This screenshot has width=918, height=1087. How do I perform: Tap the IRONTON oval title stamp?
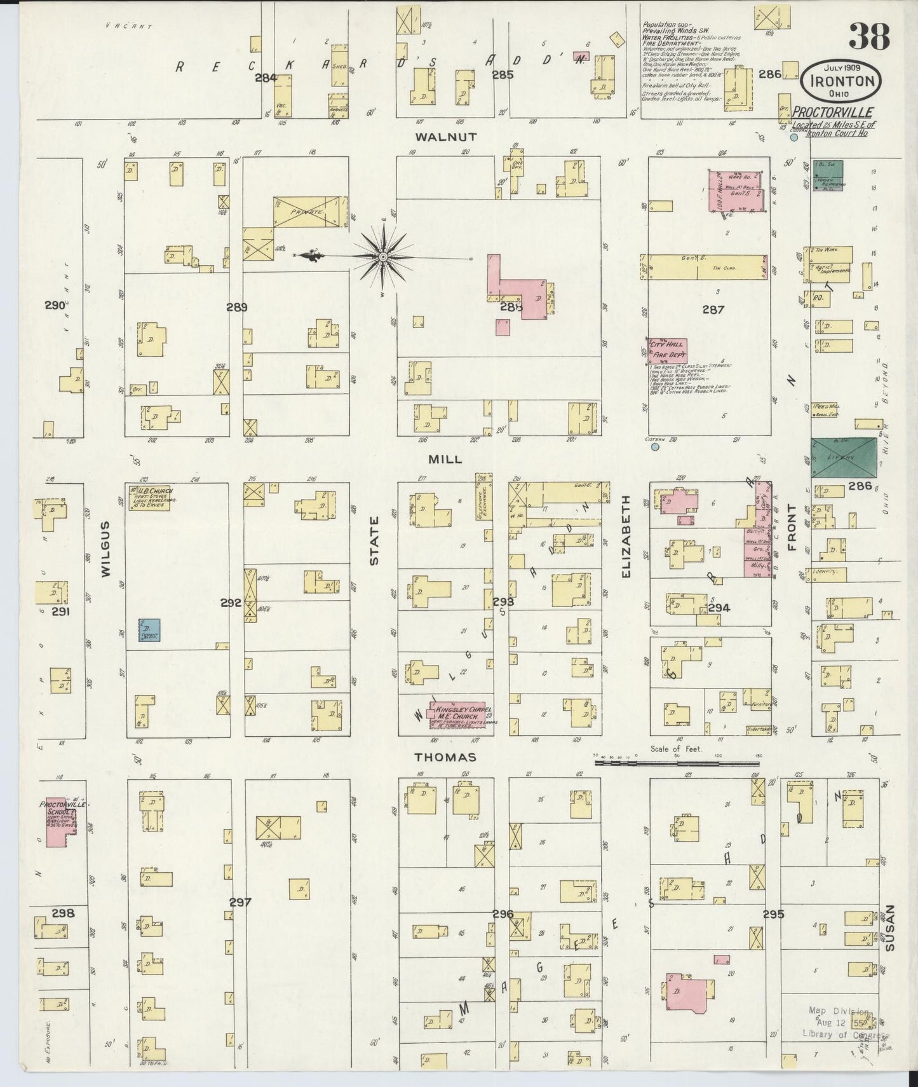(x=841, y=81)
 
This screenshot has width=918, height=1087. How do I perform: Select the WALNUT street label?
(x=445, y=137)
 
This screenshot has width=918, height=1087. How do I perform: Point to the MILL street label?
(x=445, y=459)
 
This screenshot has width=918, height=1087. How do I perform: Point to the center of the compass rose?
(x=384, y=257)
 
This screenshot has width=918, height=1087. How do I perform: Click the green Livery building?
(x=843, y=458)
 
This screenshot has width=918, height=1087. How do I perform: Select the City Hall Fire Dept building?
(x=667, y=350)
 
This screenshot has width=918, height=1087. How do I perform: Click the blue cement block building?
(x=150, y=630)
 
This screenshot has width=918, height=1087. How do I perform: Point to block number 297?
(x=240, y=902)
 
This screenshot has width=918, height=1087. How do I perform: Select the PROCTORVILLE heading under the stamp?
(x=832, y=113)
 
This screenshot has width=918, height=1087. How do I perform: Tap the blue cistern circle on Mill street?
(x=655, y=447)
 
